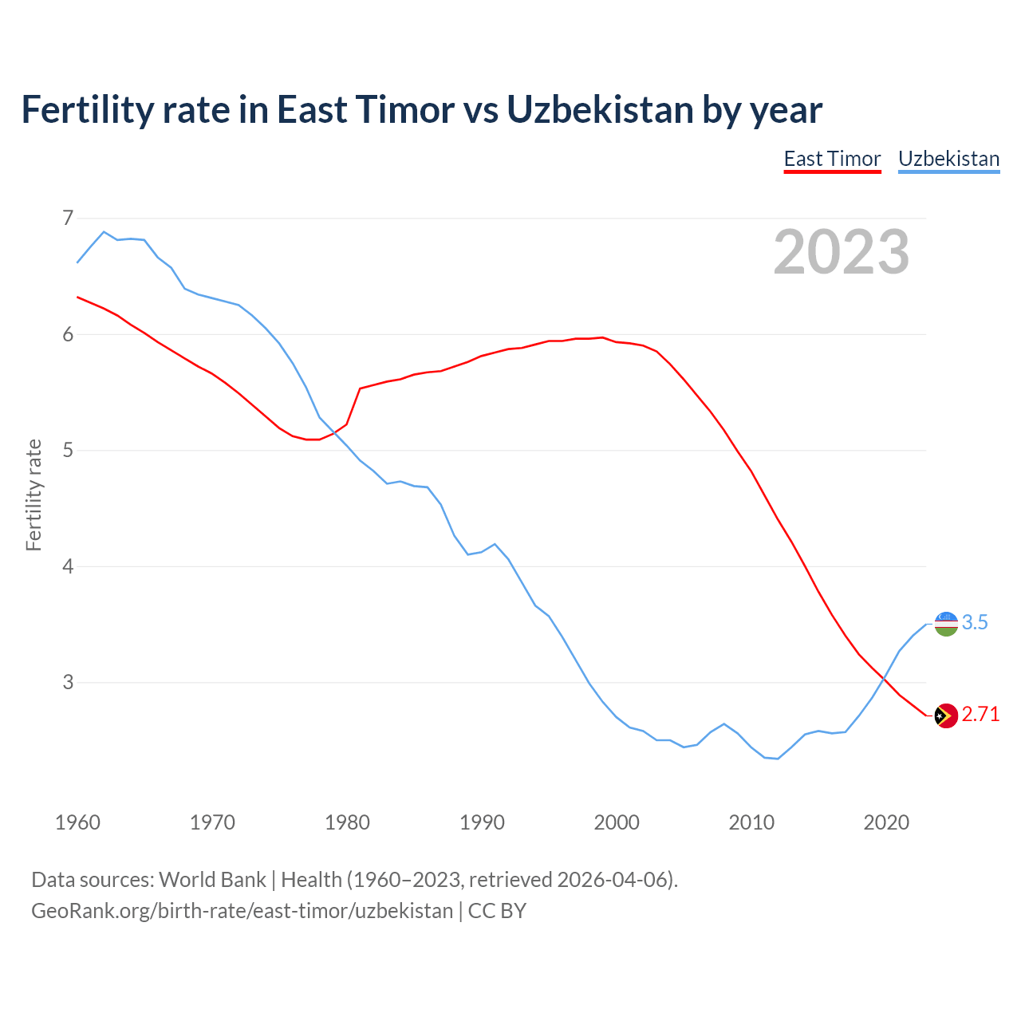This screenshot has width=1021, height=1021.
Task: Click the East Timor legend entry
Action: tap(832, 159)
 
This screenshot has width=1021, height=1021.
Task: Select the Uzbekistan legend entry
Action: tap(948, 159)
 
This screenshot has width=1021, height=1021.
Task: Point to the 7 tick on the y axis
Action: tap(68, 218)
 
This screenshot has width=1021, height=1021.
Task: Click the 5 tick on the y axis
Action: tap(68, 450)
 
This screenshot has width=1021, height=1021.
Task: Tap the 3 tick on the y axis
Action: tap(68, 682)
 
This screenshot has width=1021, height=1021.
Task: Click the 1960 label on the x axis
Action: tap(77, 822)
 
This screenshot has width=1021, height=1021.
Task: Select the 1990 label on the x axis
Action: tap(482, 822)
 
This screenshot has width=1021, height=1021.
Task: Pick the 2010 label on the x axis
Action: tap(751, 822)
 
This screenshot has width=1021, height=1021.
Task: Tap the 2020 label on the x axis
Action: tap(886, 822)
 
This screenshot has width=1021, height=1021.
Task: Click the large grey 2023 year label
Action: tap(842, 252)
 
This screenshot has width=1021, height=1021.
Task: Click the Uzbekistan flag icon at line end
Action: tap(946, 624)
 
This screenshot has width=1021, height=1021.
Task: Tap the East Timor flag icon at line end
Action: tap(946, 715)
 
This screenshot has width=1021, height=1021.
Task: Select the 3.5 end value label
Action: tap(975, 623)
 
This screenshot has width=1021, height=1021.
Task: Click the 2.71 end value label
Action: tap(980, 715)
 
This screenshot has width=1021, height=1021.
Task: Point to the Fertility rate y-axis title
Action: tap(34, 495)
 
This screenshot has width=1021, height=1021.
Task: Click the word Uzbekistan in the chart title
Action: tap(600, 109)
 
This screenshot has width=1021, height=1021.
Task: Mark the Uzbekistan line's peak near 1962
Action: tap(104, 231)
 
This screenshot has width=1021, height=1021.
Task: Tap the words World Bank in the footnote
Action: tap(212, 880)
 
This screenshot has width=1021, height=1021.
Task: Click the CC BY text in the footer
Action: tap(497, 911)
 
